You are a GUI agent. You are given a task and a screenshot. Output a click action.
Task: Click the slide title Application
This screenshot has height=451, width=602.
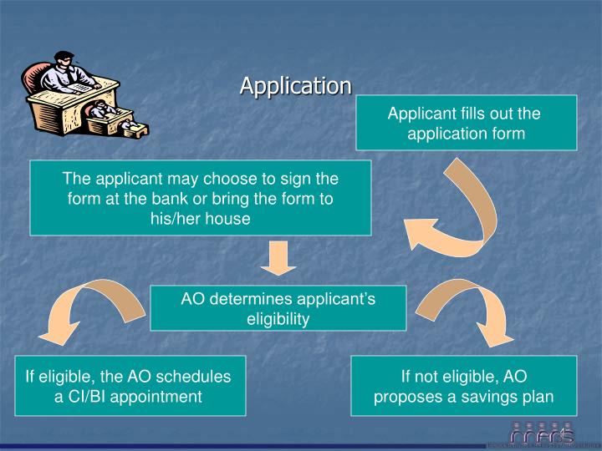(296, 85)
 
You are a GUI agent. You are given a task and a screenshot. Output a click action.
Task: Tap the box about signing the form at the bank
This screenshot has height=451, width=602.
(201, 199)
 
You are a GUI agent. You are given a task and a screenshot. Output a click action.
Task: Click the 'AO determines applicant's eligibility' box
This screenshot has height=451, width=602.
(278, 308)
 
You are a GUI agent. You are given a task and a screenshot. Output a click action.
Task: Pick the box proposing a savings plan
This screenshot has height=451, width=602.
(463, 386)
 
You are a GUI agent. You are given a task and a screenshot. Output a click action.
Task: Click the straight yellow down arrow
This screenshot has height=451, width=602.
(278, 258)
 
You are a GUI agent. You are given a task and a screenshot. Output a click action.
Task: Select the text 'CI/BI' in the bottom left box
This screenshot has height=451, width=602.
(87, 396)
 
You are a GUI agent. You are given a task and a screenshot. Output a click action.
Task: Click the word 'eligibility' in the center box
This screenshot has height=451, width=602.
(278, 318)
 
